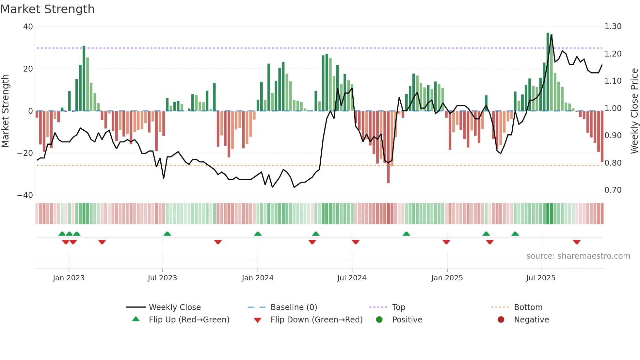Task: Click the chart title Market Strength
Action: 47,9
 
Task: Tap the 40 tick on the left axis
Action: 28,27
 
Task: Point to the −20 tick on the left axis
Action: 25,153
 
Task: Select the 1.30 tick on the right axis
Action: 613,26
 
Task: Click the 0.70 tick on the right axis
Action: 613,190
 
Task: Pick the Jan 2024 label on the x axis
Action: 257,278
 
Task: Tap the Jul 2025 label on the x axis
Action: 540,278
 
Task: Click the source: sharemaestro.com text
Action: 578,256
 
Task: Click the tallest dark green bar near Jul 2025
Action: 548,72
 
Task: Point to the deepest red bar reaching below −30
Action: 388,147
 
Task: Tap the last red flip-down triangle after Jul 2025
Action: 577,242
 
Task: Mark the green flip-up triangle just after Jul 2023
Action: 167,234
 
